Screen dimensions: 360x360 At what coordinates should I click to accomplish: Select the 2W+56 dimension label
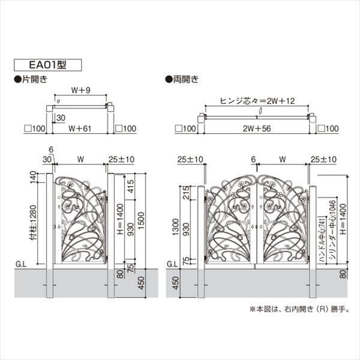[x=258, y=128]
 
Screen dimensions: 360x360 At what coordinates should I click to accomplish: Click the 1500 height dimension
[x=140, y=217]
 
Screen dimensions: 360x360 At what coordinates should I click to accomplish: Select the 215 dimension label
[x=185, y=193]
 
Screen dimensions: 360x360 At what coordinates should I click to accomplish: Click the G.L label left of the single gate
[x=20, y=263]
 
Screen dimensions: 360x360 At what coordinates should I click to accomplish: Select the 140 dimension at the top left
[x=32, y=177]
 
